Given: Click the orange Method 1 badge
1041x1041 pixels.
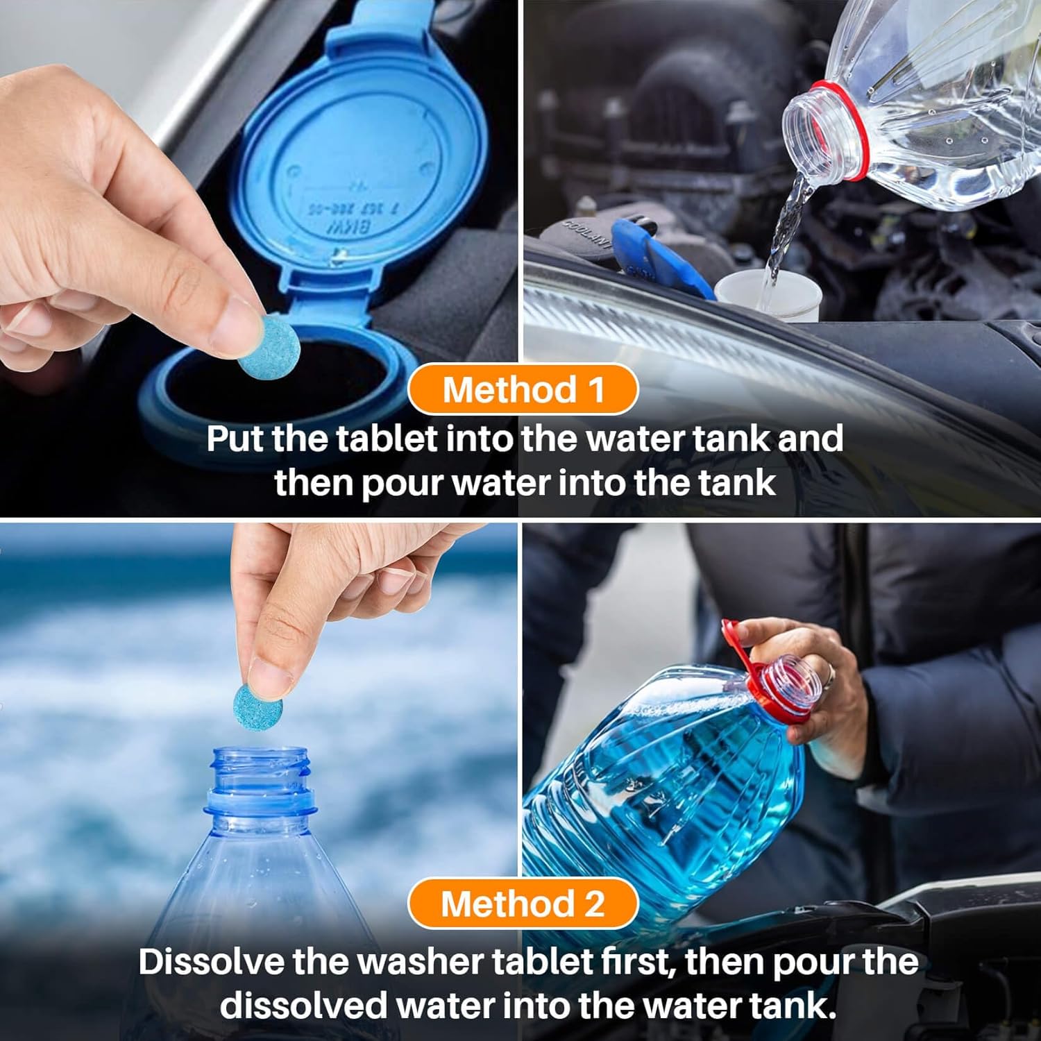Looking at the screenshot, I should pos(522,389).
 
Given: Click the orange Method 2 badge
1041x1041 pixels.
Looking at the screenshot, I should pos(522,904).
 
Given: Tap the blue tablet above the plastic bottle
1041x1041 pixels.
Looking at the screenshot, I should pos(257,706).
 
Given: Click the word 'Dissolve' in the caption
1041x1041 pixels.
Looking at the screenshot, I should pos(210,962).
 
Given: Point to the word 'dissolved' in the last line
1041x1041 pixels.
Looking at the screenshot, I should pos(302,1006).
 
